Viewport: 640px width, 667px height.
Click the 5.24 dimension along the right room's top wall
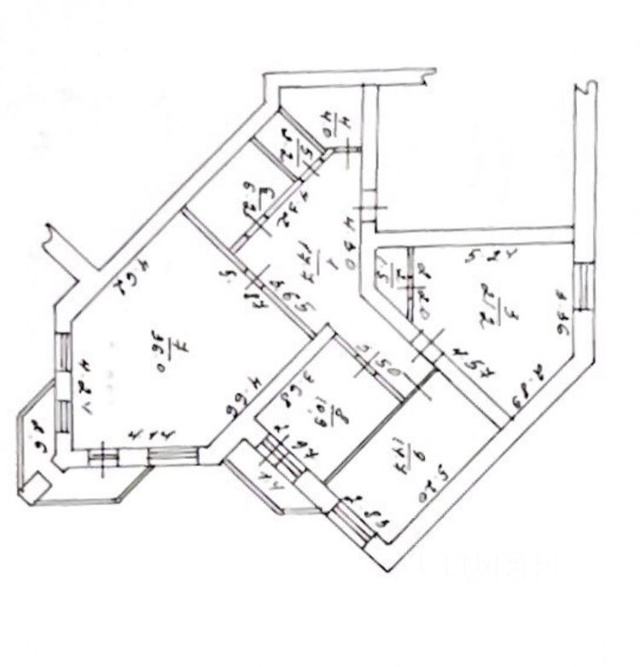point(483,254)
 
